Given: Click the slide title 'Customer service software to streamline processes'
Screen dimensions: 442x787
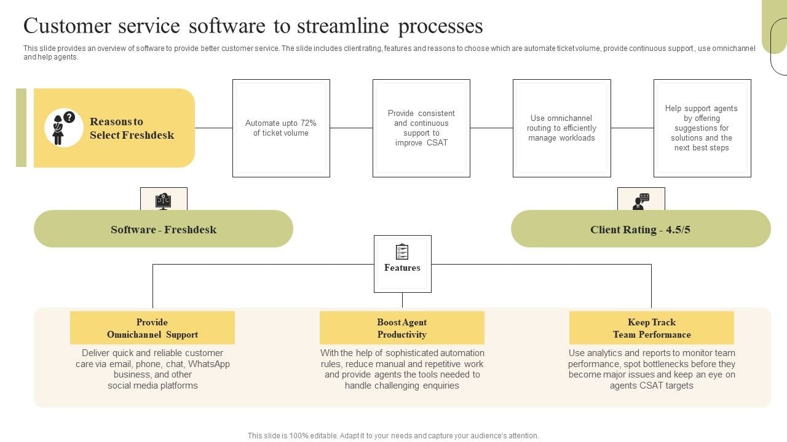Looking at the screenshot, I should tap(253, 26).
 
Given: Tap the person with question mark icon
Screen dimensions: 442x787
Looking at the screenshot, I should tap(63, 128).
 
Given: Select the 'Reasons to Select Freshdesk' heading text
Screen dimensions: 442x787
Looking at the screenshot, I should tap(132, 128).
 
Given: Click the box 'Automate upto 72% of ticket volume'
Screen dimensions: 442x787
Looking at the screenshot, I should tap(281, 128).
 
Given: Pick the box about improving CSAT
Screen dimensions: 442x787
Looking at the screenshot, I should tap(421, 128).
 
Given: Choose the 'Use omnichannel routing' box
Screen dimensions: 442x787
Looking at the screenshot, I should tap(561, 128).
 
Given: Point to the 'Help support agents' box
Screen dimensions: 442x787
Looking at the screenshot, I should tap(702, 128).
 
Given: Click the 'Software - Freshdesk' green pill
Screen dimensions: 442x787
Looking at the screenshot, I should tap(164, 229).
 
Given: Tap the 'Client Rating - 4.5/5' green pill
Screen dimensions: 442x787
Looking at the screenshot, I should tap(640, 229).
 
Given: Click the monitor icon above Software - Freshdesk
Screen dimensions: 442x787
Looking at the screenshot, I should tap(164, 200).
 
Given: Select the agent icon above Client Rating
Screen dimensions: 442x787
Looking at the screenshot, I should tap(641, 201).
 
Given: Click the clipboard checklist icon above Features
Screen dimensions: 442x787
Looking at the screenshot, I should tap(402, 252).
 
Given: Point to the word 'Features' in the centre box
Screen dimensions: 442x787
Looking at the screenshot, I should tap(402, 268).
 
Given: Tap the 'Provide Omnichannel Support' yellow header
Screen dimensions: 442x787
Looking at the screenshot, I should tap(152, 328).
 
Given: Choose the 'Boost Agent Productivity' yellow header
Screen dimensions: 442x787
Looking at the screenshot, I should tap(401, 328).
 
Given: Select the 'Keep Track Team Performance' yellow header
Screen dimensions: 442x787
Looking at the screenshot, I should tap(651, 328).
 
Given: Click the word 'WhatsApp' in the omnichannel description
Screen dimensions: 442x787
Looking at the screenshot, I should tap(209, 364).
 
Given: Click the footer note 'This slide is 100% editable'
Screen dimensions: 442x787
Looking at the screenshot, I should tap(393, 436).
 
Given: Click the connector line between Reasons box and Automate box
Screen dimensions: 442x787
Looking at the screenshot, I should tap(213, 128).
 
